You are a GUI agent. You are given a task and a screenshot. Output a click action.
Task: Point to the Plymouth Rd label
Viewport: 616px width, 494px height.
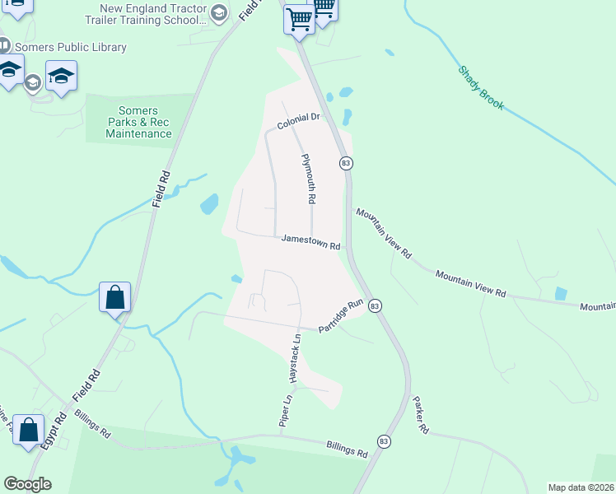309,179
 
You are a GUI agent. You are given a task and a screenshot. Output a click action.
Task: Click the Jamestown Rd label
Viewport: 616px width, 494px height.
310,241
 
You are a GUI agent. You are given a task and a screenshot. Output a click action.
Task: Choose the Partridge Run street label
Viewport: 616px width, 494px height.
341,316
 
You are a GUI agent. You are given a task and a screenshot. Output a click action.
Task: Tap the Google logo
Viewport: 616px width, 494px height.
27,484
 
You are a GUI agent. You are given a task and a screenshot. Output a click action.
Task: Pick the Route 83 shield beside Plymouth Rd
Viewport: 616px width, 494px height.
346,164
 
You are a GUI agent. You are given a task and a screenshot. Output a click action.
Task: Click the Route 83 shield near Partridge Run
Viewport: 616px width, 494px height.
375,305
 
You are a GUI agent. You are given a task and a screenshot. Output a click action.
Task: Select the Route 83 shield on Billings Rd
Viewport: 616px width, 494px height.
383,442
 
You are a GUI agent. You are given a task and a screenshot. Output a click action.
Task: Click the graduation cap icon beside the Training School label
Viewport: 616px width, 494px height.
218,12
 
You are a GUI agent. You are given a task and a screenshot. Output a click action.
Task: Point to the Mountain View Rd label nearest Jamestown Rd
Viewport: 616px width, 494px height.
383,234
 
